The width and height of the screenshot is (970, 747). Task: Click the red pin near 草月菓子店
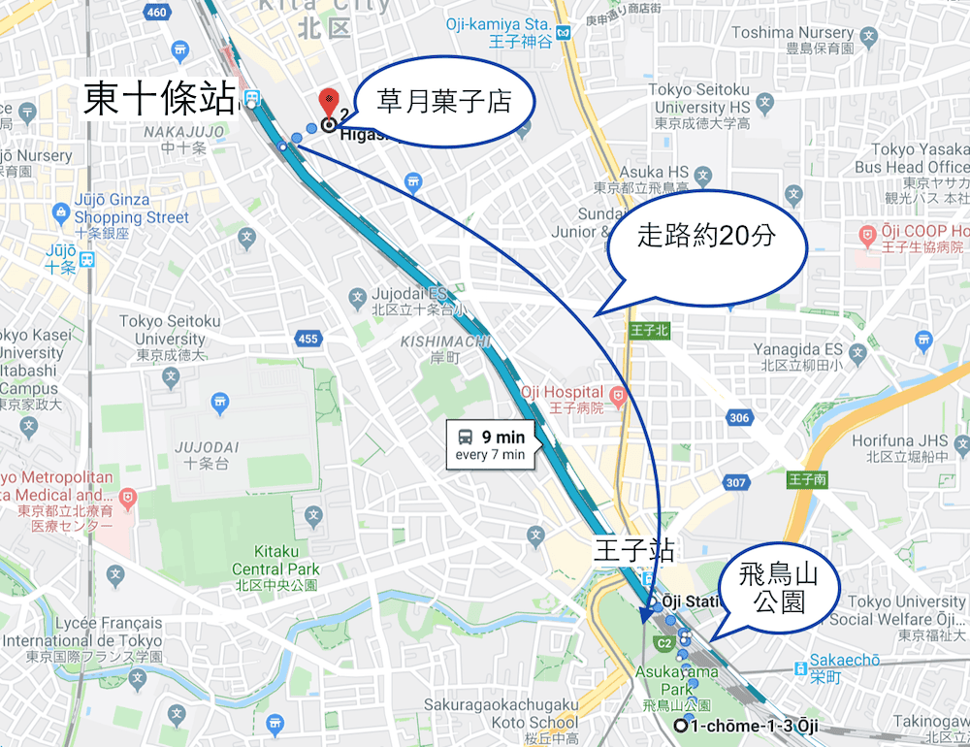tap(329, 100)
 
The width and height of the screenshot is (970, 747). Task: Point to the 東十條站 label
tap(159, 99)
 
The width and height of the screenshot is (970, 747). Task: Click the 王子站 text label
tap(633, 550)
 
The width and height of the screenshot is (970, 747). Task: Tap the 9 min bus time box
tap(490, 445)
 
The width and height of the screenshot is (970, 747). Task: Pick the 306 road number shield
tap(739, 418)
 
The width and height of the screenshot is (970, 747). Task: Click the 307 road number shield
tap(735, 483)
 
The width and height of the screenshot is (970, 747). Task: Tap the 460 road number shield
tap(155, 13)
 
